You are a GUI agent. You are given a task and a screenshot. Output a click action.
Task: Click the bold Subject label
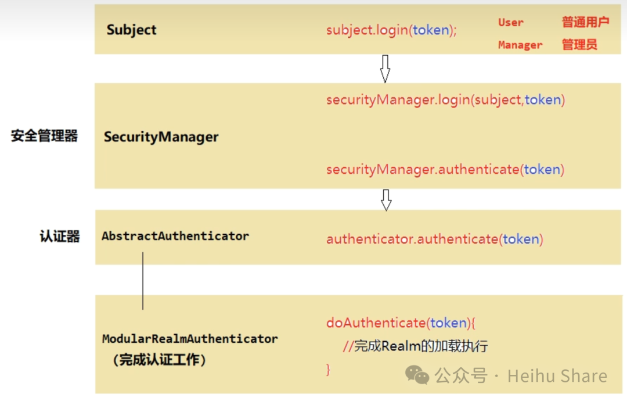[131, 30]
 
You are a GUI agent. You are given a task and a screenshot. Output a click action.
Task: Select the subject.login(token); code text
[391, 30]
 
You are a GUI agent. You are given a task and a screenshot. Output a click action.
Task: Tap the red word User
[511, 23]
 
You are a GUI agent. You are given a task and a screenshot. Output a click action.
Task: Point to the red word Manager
[520, 45]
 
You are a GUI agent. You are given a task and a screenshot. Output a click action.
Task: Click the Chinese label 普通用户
[585, 23]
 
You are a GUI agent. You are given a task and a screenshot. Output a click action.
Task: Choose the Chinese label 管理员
[579, 45]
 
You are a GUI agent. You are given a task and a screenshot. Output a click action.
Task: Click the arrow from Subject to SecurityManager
[385, 69]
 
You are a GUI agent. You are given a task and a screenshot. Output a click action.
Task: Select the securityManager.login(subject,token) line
[445, 100]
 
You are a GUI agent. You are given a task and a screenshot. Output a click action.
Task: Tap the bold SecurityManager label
[161, 137]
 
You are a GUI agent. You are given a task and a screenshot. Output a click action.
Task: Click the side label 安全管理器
[44, 137]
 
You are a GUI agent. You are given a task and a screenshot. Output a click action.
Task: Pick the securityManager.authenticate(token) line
[445, 170]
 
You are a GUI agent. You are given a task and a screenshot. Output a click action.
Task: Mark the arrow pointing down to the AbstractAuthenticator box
[386, 199]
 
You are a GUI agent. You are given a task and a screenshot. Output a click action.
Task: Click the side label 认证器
[60, 237]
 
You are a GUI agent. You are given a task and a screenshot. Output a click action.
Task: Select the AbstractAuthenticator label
[175, 236]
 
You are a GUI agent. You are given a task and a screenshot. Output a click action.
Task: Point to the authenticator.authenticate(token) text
[434, 239]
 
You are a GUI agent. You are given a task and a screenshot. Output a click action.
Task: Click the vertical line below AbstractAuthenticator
[143, 281]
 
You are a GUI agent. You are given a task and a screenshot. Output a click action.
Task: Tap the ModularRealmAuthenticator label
[190, 339]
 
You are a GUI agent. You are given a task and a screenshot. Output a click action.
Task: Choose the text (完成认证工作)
[159, 360]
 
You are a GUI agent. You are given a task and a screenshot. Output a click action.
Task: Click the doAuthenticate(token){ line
[401, 323]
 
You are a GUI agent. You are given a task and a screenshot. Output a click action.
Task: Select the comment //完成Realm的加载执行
[415, 347]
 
